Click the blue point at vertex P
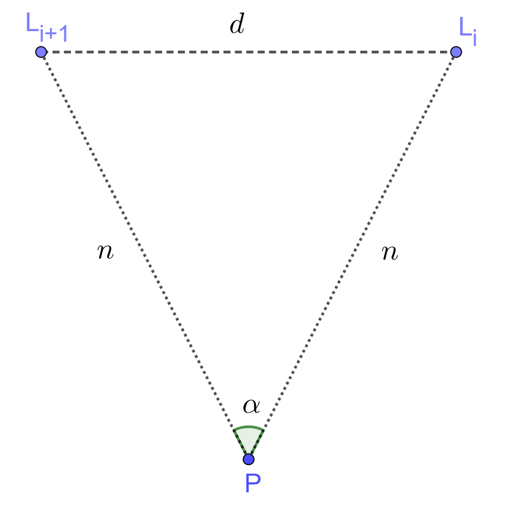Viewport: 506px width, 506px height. pos(248,459)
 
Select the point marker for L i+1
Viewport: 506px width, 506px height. pos(41,52)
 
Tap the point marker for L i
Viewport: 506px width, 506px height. pos(456,52)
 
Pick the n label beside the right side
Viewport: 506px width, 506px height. pos(389,252)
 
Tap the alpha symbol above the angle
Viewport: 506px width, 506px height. pos(251,406)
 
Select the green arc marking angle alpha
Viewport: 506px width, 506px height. pos(248,428)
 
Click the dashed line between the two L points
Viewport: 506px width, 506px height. pos(249,52)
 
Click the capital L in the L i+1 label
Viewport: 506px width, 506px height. pos(31,26)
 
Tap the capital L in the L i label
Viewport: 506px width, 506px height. pos(464,26)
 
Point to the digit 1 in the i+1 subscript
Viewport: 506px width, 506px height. pos(62,34)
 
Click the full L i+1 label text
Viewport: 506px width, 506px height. pos(46,30)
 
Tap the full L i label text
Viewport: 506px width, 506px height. pos(468,29)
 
